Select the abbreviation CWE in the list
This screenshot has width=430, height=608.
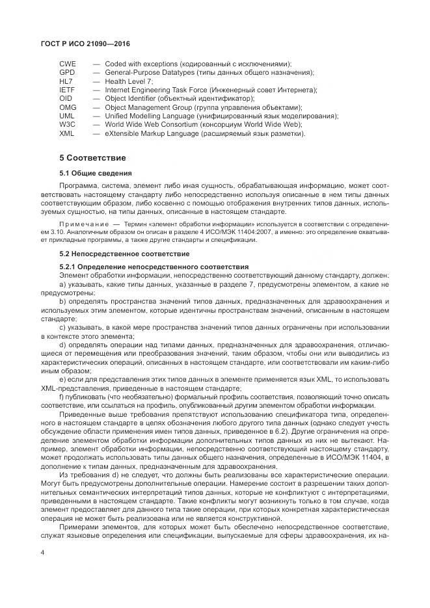tap(68, 64)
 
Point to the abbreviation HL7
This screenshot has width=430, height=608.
tap(66, 81)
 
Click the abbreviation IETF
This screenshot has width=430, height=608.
tap(67, 90)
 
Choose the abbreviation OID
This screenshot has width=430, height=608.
tap(66, 98)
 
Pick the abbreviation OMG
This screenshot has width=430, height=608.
tap(67, 107)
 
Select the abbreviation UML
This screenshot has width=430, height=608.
tap(67, 116)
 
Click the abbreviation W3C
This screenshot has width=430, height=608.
tap(67, 124)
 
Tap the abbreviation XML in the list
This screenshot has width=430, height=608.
tap(66, 133)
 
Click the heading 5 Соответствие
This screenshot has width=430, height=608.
tap(92, 158)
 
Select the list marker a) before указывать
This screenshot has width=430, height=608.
tap(62, 284)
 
